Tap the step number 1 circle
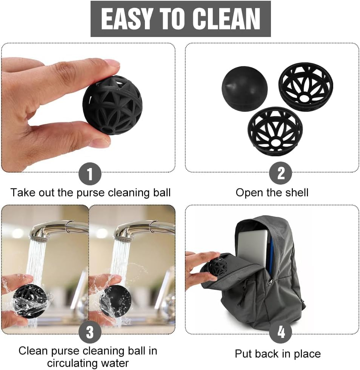(90, 174)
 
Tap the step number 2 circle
(281, 174)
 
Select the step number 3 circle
(90, 333)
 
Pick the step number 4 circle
(281, 333)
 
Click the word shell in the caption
(295, 193)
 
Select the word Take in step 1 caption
(22, 193)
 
